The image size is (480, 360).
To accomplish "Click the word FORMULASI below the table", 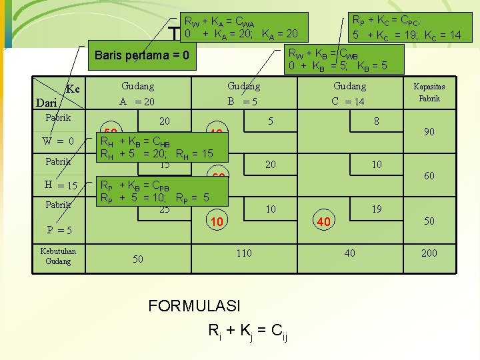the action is click(194, 306).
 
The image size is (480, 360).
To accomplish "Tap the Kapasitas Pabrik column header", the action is click(429, 93).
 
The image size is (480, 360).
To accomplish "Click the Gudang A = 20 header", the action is click(137, 94).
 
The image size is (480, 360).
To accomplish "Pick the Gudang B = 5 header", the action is click(243, 94).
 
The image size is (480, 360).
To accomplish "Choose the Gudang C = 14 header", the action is click(349, 94).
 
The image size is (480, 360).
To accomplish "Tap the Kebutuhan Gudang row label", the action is click(58, 256).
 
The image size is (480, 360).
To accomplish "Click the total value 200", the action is click(429, 253).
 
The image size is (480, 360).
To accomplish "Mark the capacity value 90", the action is click(429, 132).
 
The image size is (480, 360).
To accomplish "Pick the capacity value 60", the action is click(429, 176).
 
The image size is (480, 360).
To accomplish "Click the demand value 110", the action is click(243, 253).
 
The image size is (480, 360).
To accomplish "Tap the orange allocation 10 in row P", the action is click(216, 221).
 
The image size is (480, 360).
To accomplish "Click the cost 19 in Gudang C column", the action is click(377, 209).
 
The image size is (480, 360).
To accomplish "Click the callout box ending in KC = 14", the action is click(407, 27).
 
